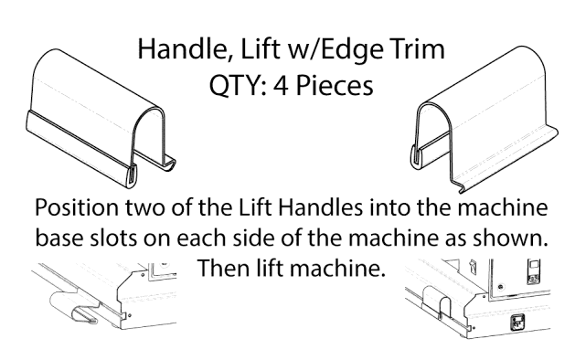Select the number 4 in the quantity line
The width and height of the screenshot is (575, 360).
[281, 85]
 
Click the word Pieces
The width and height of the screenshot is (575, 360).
[335, 85]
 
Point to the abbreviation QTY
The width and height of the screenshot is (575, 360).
[238, 85]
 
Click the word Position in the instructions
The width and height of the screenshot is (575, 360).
[77, 207]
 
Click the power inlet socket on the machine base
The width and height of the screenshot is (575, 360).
[517, 322]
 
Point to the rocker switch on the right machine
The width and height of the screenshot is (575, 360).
[473, 266]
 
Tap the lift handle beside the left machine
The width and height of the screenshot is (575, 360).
[74, 308]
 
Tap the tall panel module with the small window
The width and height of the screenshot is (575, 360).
[534, 271]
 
